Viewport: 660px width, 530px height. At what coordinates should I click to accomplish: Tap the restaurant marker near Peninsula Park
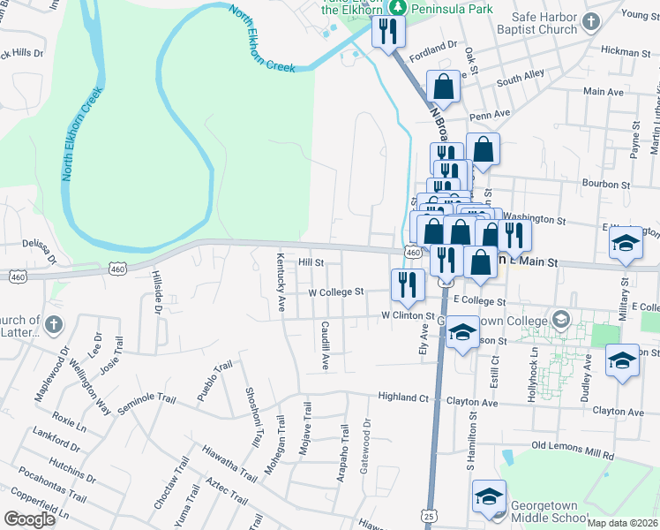(x=388, y=32)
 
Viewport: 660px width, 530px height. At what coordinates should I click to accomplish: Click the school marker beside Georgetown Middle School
(x=489, y=496)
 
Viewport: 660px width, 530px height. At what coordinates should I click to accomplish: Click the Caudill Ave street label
(x=326, y=344)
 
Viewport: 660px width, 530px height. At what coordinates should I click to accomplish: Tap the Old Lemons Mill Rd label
(x=573, y=455)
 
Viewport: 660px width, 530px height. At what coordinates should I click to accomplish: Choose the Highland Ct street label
(x=403, y=397)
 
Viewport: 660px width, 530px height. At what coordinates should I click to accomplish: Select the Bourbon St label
(x=604, y=185)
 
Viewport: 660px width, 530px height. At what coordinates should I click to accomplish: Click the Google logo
(x=29, y=519)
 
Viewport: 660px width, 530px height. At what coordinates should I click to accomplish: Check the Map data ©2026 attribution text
(x=623, y=523)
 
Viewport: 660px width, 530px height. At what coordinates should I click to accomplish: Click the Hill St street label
(x=311, y=262)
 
